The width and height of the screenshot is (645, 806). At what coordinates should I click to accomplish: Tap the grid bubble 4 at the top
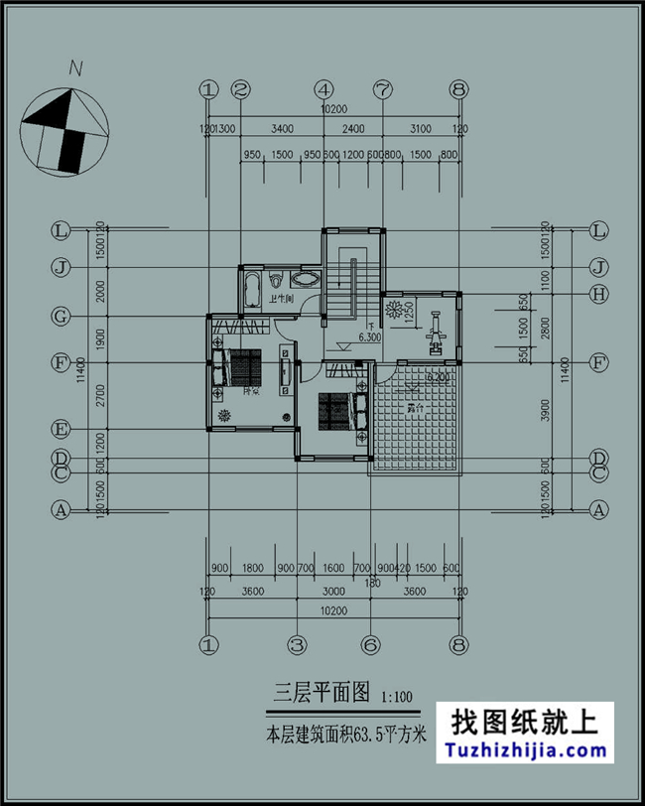click(x=324, y=89)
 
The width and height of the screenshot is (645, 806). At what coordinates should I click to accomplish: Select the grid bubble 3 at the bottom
click(x=296, y=643)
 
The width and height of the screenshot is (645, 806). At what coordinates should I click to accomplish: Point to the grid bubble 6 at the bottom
click(x=367, y=643)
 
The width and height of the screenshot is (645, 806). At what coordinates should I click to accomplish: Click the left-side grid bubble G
click(x=62, y=317)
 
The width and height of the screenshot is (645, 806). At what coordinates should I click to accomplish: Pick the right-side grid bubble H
click(x=598, y=294)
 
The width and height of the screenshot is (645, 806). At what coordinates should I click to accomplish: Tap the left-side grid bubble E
click(x=62, y=430)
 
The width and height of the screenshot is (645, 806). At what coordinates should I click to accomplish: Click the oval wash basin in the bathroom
click(x=310, y=279)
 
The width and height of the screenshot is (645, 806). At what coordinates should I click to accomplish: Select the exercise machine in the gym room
click(x=435, y=336)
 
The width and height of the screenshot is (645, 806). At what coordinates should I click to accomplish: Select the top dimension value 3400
click(x=282, y=129)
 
